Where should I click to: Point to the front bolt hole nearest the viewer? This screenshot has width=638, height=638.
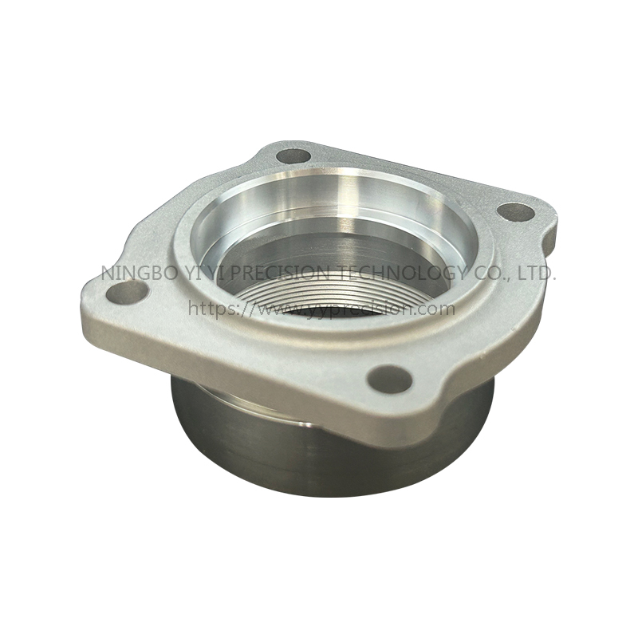click(391, 377)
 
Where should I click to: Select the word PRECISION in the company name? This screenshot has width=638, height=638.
click(280, 273)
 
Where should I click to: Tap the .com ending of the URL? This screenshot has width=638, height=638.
click(435, 308)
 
